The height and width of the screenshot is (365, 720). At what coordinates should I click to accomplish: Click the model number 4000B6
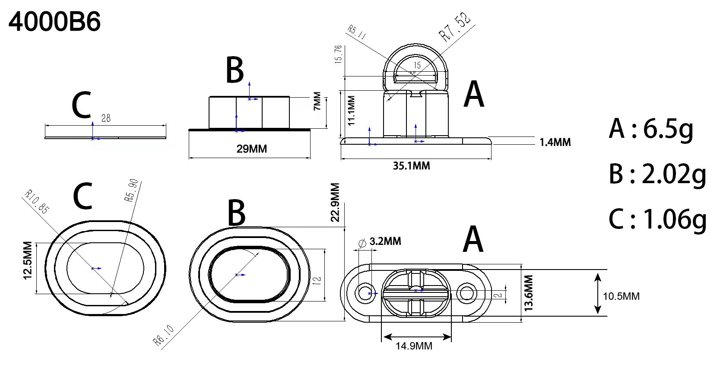pos(55,22)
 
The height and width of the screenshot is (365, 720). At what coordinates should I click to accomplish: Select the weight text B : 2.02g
pos(657,174)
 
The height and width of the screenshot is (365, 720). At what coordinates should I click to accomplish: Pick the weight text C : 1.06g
pos(657,219)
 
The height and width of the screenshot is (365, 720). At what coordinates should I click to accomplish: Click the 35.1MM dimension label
pos(411,166)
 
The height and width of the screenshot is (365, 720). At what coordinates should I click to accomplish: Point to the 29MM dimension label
pos(251,149)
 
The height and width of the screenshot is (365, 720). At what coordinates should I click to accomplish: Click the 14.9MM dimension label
pos(414,346)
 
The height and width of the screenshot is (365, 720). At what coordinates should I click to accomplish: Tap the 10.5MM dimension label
pos(621,296)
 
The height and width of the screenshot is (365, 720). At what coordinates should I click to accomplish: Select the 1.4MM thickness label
pos(555,142)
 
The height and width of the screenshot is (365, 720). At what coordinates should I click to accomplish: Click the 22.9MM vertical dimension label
pos(335,202)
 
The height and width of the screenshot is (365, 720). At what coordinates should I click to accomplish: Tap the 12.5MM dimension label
pos(27,260)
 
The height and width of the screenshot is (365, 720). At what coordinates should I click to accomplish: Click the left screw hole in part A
pos(365,293)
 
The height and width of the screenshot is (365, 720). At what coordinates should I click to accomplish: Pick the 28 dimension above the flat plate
pos(105,118)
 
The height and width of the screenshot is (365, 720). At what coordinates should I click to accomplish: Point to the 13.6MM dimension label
pos(529,292)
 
